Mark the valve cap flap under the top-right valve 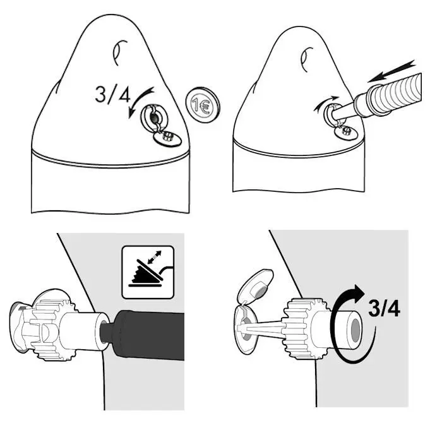tap(345, 131)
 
